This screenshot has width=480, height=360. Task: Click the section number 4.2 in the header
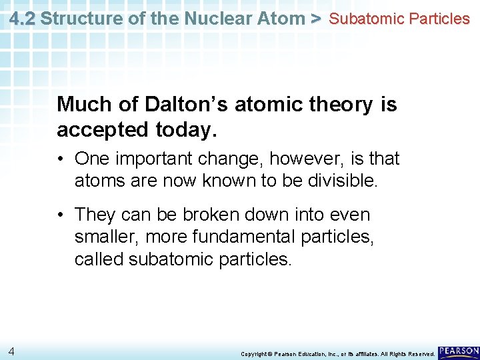tap(23, 18)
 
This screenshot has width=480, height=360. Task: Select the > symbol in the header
tap(316, 18)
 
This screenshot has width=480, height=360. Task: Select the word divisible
tap(344, 180)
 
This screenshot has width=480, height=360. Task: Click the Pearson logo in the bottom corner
tap(458, 351)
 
